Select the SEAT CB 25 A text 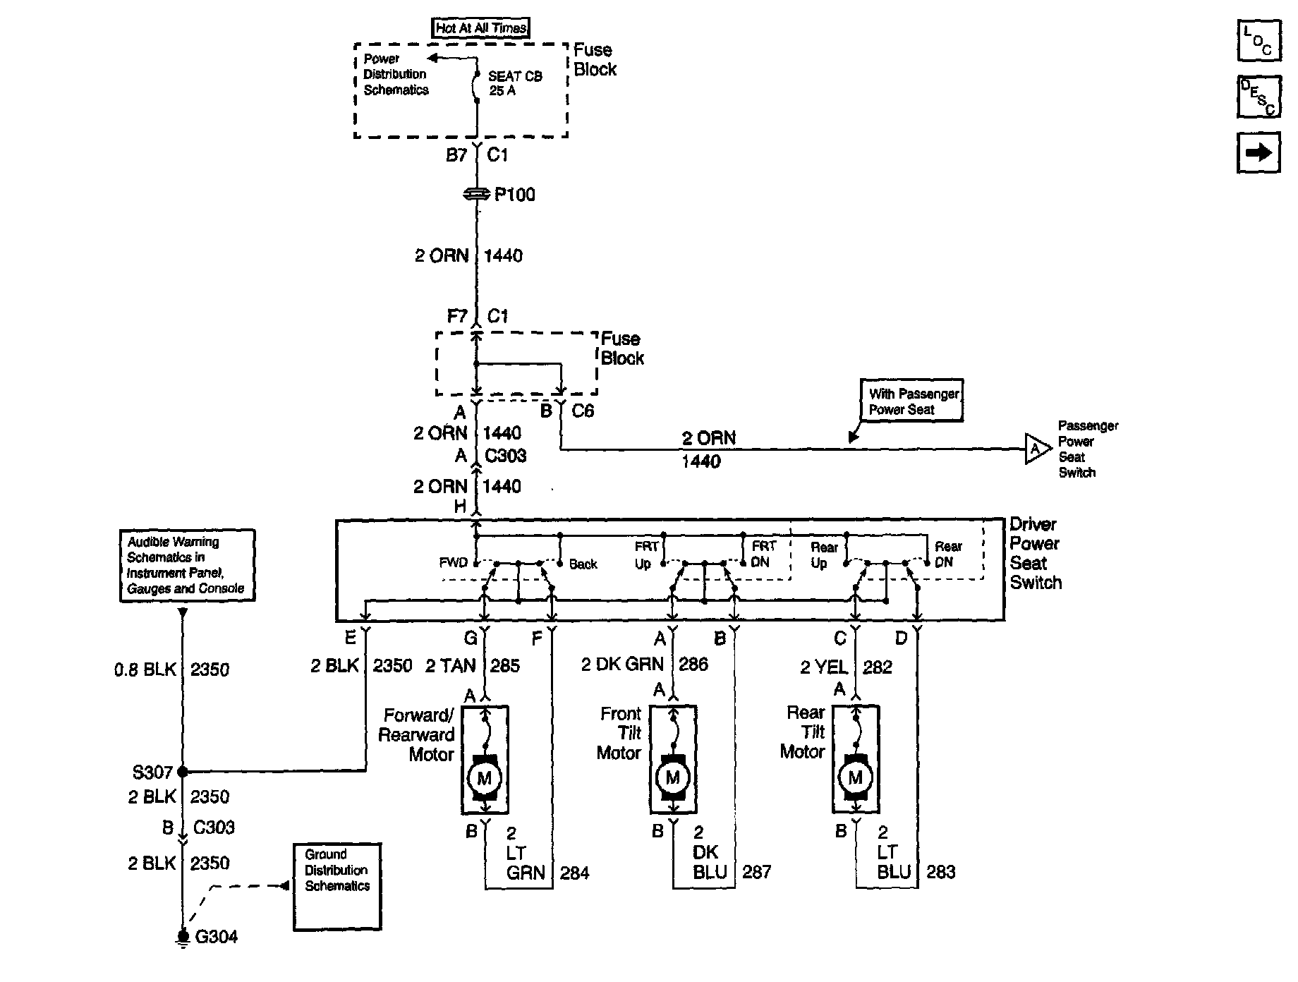tap(515, 83)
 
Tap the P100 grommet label tap(514, 195)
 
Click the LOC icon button tap(1258, 41)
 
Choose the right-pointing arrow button tap(1258, 152)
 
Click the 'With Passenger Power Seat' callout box tap(911, 401)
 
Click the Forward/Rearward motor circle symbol tap(485, 778)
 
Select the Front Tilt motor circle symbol tap(672, 777)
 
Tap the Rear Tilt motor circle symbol tap(855, 777)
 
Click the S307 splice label tap(152, 772)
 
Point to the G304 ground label tap(216, 937)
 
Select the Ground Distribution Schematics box tap(336, 886)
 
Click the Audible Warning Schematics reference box tap(187, 566)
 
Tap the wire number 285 tap(504, 665)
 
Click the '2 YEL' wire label tap(825, 667)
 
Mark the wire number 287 tap(756, 872)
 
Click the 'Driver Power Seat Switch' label tap(1035, 553)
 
